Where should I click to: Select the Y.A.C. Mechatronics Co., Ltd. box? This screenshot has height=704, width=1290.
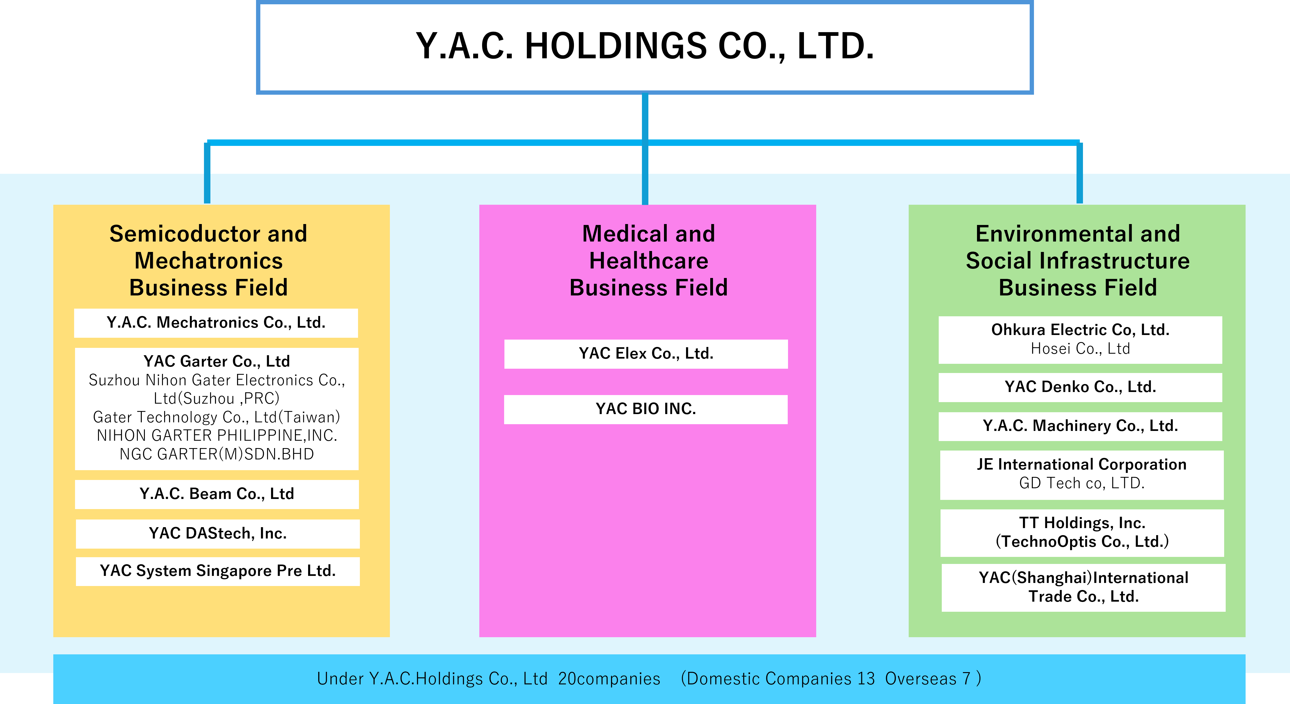pyautogui.click(x=216, y=323)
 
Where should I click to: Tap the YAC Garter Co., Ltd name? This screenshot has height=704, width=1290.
pyautogui.click(x=216, y=361)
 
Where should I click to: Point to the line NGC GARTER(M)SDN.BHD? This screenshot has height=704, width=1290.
pyautogui.click(x=216, y=454)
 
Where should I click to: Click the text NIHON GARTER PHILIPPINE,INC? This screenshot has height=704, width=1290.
pyautogui.click(x=217, y=436)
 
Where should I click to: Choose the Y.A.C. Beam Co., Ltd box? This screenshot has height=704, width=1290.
pyautogui.click(x=217, y=494)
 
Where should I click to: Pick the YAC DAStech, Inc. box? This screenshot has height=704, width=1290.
pyautogui.click(x=218, y=534)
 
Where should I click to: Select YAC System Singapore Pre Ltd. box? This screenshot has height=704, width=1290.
pyautogui.click(x=218, y=571)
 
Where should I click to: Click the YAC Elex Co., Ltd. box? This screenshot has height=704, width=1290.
pyautogui.click(x=646, y=354)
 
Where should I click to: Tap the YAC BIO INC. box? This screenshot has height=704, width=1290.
pyautogui.click(x=646, y=409)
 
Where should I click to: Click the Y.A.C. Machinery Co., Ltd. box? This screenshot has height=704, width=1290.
pyautogui.click(x=1080, y=426)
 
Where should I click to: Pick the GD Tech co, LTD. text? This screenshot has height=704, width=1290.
pyautogui.click(x=1082, y=483)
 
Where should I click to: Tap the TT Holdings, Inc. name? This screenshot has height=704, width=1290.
pyautogui.click(x=1082, y=523)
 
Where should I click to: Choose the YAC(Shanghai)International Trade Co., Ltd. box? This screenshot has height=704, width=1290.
pyautogui.click(x=1084, y=588)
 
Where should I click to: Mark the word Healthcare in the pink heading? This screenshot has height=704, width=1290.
pyautogui.click(x=648, y=261)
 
